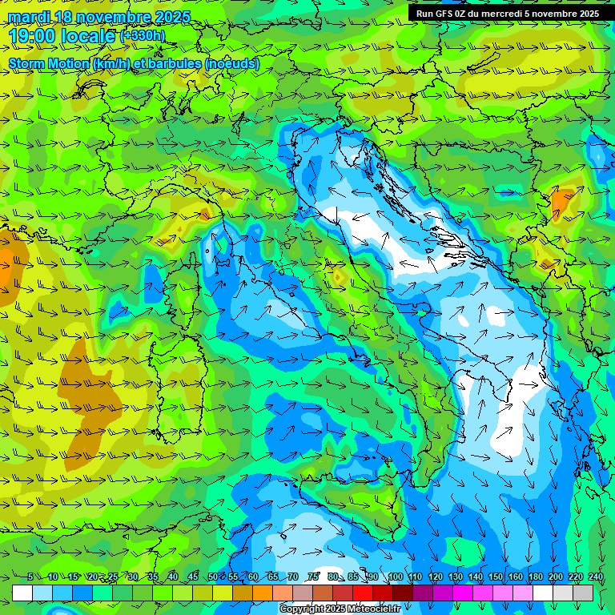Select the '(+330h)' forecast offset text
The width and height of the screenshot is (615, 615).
(x=143, y=35)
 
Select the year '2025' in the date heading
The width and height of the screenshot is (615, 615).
(x=171, y=17)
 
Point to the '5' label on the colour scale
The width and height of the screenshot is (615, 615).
(x=30, y=577)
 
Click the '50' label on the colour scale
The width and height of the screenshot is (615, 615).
(x=212, y=577)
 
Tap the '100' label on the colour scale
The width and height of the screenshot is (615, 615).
(x=395, y=577)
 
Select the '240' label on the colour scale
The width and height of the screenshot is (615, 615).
(x=595, y=577)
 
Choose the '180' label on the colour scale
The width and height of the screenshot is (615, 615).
(x=535, y=577)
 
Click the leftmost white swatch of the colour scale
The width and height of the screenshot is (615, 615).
(x=22, y=593)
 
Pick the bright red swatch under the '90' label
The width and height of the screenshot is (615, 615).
(x=363, y=593)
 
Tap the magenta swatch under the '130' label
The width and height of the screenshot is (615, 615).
(x=463, y=593)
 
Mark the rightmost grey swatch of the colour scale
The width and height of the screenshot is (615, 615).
(x=583, y=593)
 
